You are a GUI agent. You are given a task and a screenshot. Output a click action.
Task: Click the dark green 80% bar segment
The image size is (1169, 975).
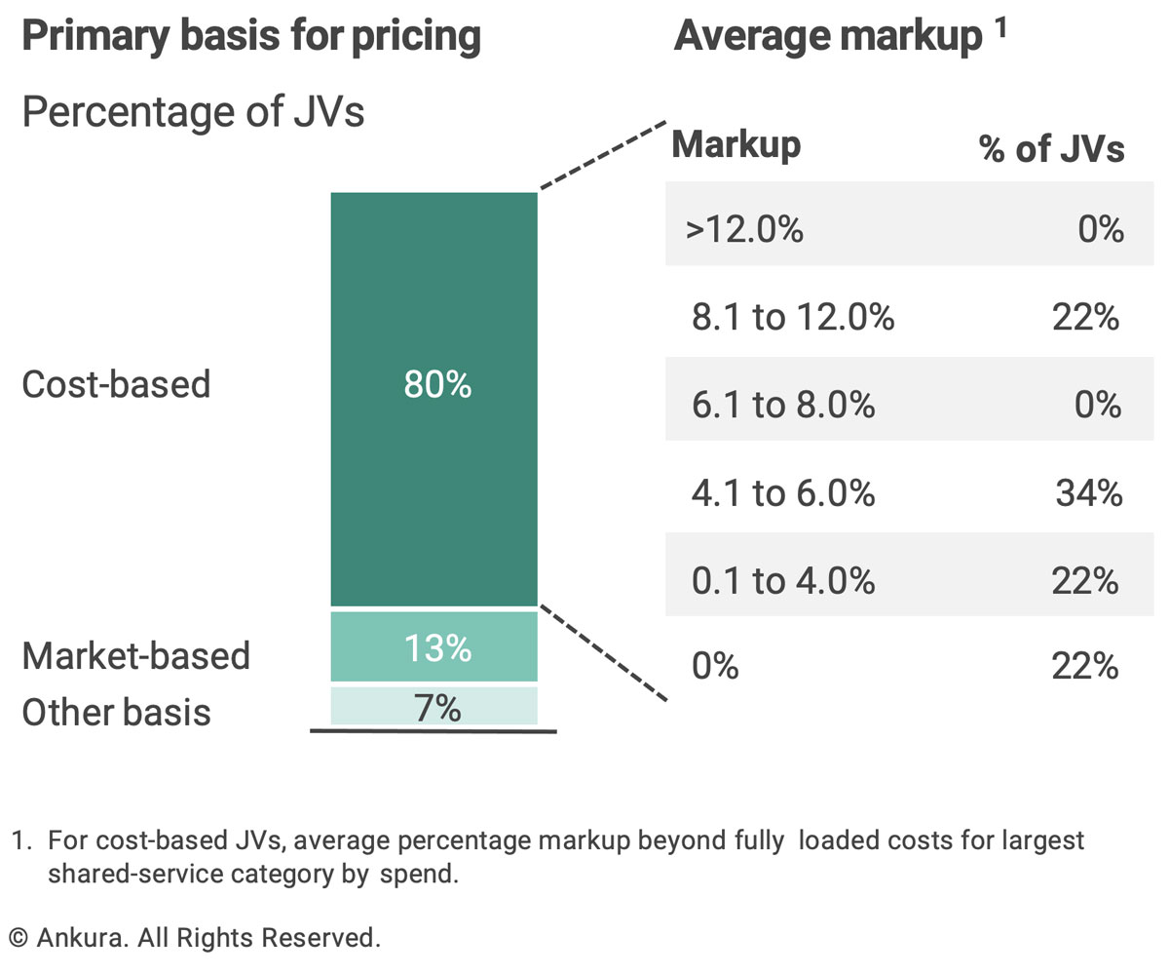click(434, 399)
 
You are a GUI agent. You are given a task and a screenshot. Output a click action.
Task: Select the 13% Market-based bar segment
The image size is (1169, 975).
click(434, 646)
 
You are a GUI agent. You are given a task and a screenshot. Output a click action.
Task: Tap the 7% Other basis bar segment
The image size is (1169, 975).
click(434, 706)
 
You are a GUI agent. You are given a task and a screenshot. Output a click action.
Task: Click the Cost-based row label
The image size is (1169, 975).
click(117, 384)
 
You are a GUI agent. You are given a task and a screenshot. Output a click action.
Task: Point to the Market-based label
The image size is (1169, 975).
click(136, 655)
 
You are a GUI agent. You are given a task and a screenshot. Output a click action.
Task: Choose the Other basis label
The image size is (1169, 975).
click(117, 712)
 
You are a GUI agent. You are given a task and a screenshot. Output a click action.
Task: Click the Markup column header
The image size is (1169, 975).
click(736, 145)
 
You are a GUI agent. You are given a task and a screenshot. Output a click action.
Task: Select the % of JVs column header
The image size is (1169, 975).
click(1051, 149)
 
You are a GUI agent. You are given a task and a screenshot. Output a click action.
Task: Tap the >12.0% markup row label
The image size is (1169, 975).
click(744, 229)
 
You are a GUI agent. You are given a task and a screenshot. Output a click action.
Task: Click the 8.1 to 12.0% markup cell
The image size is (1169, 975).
click(793, 317)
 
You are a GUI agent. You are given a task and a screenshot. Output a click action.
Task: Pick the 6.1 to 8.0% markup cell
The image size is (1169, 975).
click(783, 405)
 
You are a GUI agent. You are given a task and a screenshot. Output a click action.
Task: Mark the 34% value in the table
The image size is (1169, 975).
click(1088, 493)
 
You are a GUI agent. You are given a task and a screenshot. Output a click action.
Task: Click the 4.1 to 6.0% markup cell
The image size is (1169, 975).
click(783, 493)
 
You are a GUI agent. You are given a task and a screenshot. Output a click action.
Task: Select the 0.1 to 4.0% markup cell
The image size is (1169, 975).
click(783, 580)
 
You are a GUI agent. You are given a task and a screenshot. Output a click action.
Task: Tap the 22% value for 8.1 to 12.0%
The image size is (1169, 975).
click(1085, 317)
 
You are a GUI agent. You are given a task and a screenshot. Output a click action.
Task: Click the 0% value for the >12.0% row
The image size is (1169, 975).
click(1101, 229)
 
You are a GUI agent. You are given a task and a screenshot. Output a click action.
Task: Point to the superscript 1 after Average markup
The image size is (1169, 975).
click(1001, 27)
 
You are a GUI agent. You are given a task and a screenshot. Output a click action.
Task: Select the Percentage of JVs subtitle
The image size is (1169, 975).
click(193, 112)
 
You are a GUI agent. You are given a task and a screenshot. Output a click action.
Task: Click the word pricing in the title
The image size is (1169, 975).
click(417, 37)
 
